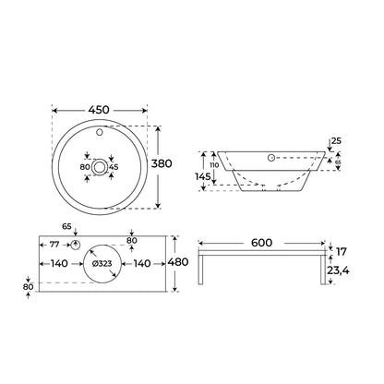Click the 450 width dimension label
tap(99, 110)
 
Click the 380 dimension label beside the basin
tap(162, 163)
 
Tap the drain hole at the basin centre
tap(100, 167)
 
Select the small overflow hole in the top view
tap(100, 133)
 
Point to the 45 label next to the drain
tap(114, 167)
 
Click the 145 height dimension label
tap(203, 176)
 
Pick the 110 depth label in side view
tap(214, 165)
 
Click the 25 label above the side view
tap(337, 141)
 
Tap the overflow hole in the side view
tap(271, 158)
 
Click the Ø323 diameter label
tap(102, 264)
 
